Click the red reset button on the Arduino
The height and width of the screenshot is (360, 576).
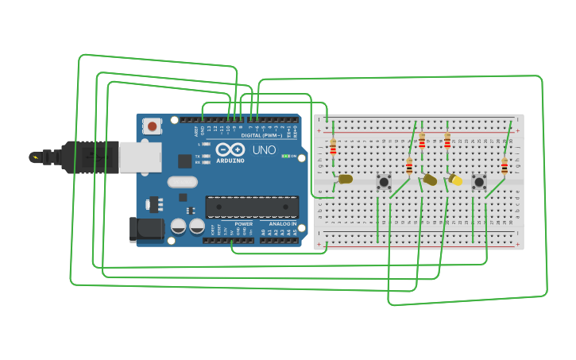coord(152,126)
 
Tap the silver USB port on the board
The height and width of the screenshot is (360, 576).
coord(140,157)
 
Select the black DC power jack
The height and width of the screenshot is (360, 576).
coord(145,230)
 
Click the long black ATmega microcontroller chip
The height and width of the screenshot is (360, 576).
coord(252,207)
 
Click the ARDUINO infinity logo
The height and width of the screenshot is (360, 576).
coord(230,149)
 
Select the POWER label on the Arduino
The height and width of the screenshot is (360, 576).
coord(244,224)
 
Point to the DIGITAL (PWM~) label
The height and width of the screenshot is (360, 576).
coord(262,135)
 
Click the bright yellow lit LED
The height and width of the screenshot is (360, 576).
coord(456,180)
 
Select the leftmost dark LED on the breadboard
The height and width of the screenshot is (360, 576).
coord(345,179)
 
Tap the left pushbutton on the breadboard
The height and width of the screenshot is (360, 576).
coord(384,182)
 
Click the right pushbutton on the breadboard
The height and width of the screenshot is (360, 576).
coord(479,182)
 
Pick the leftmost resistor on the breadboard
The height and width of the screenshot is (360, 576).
coord(333,147)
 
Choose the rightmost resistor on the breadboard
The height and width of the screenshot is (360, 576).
coord(504,165)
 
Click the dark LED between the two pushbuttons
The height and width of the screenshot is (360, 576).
coord(430,180)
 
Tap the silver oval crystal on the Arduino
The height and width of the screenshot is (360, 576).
coord(182,182)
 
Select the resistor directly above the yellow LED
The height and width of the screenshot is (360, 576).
coord(447,141)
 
